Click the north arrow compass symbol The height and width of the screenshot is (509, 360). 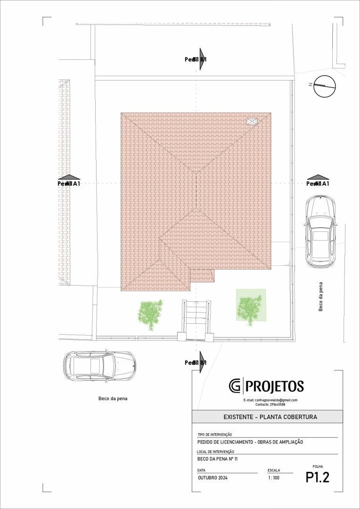[325, 86]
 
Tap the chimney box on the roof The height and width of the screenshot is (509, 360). [252, 122]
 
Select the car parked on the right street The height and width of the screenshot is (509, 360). [320, 231]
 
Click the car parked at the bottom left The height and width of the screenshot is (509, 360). [99, 366]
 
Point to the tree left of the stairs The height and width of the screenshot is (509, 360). [150, 314]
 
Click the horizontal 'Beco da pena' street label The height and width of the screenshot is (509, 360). [113, 399]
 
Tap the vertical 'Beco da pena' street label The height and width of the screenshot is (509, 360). [321, 297]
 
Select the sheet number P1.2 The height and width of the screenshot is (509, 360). [317, 477]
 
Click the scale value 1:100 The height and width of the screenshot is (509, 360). [273, 478]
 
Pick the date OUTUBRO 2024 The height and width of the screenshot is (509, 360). [213, 478]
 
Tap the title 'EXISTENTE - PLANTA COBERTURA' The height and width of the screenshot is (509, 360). [270, 417]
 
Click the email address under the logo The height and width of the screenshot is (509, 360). [270, 400]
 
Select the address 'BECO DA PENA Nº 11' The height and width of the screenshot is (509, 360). [217, 458]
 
